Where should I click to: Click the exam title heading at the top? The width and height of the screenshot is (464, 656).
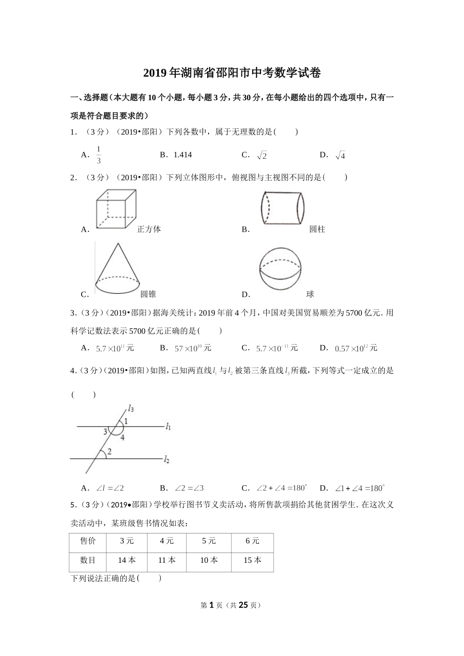(x=232, y=73)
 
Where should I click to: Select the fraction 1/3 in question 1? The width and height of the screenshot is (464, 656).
(x=99, y=155)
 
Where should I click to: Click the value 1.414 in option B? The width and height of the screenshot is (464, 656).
(x=183, y=155)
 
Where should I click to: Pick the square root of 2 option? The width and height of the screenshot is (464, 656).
(x=262, y=155)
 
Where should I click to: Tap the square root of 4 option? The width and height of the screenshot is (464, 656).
(x=340, y=155)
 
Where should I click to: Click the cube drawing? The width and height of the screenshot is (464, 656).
(x=116, y=208)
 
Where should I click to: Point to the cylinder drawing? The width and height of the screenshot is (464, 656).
(x=282, y=207)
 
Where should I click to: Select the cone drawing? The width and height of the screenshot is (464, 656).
(x=118, y=269)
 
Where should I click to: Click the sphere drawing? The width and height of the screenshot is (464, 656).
(x=281, y=269)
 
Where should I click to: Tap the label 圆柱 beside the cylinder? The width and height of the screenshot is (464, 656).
(x=317, y=229)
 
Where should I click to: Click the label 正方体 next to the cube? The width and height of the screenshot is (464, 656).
(x=149, y=229)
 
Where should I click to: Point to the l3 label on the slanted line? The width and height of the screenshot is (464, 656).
(x=130, y=408)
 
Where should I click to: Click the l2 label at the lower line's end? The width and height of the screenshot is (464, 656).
(x=167, y=459)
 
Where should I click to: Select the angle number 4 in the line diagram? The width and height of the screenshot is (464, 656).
(x=123, y=438)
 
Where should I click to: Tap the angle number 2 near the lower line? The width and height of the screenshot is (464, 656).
(x=109, y=452)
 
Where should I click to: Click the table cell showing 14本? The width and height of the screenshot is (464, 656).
(x=127, y=560)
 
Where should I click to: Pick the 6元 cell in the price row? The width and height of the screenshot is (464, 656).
(x=252, y=541)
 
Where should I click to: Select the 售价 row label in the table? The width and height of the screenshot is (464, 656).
(x=88, y=541)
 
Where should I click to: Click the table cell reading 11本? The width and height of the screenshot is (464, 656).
(x=167, y=560)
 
